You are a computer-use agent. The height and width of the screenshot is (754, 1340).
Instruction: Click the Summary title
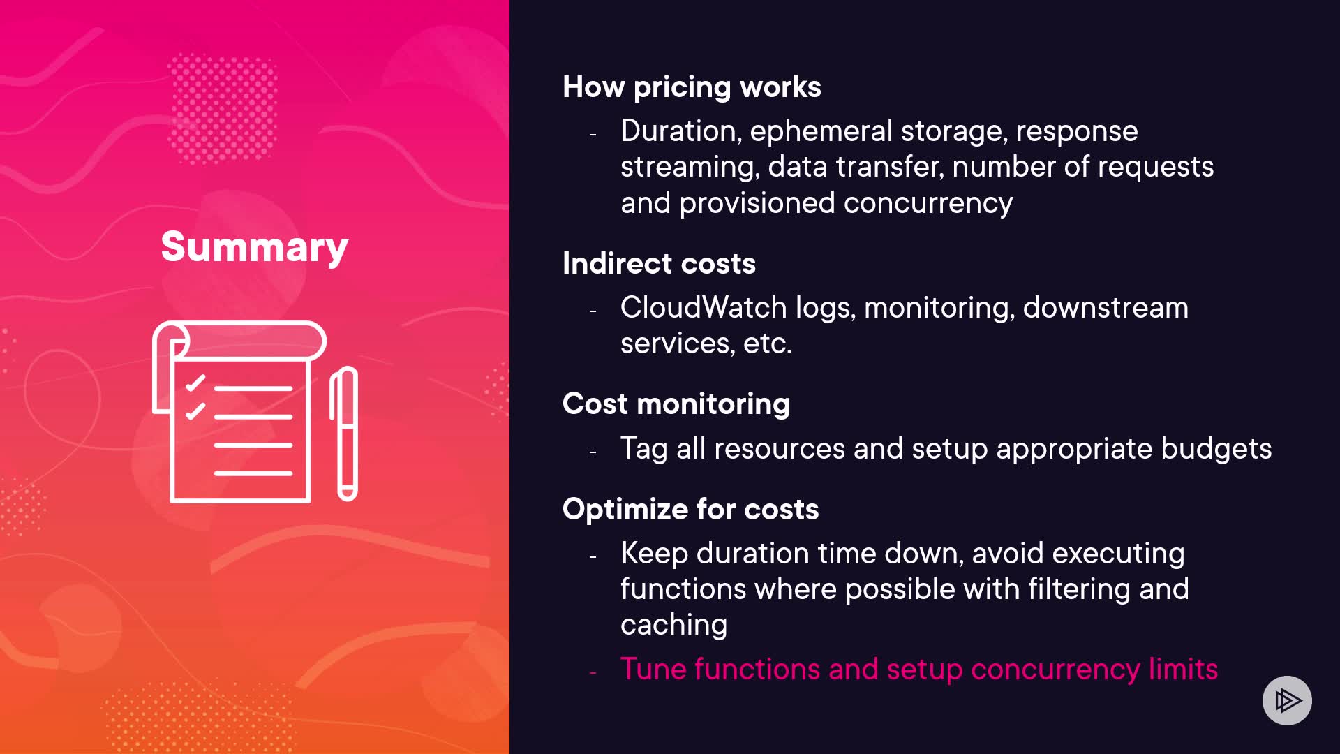(x=255, y=247)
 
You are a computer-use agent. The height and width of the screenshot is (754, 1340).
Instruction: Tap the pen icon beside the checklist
(x=344, y=434)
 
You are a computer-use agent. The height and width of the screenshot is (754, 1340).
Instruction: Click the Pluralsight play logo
(x=1287, y=700)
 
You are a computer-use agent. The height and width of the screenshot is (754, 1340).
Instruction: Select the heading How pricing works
(x=692, y=87)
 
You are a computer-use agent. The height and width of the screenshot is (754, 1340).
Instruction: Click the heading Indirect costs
(x=659, y=263)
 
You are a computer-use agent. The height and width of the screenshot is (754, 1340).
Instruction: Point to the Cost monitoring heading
(x=676, y=404)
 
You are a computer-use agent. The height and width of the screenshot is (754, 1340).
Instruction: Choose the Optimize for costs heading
(x=690, y=509)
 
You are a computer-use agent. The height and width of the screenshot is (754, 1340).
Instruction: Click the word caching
(x=673, y=626)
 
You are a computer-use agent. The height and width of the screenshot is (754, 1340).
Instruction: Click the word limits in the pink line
(x=1183, y=669)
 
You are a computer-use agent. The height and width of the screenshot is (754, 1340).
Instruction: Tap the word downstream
(x=1105, y=307)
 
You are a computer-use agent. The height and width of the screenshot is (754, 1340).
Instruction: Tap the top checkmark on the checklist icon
(x=195, y=383)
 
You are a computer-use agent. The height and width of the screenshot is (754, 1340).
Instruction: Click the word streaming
(x=690, y=168)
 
